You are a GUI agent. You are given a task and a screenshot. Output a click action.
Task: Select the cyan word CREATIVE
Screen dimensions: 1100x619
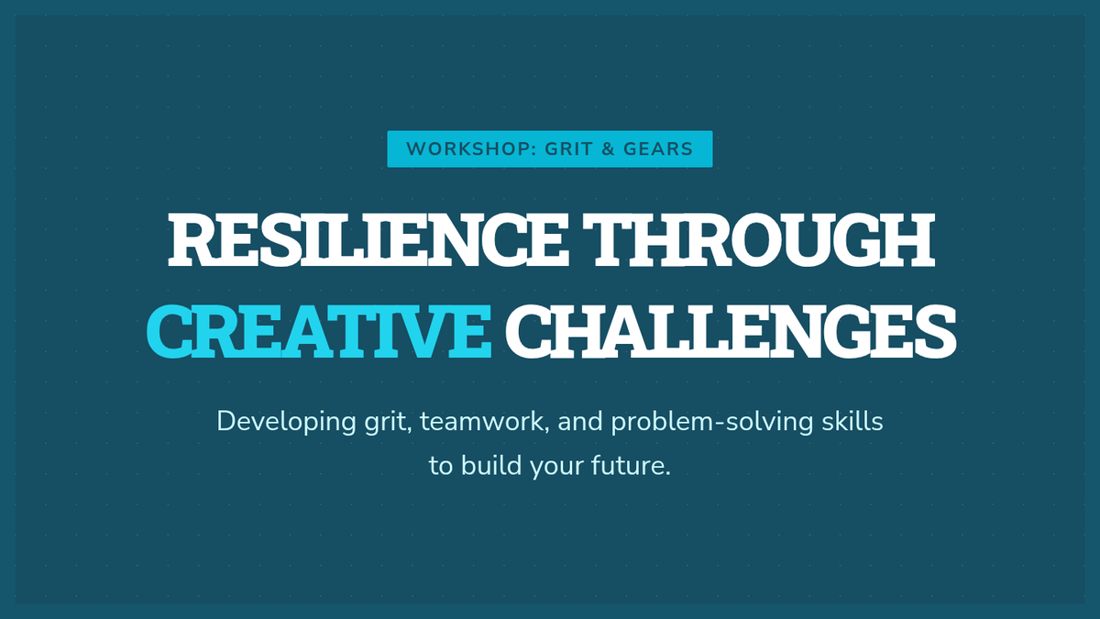coord(319,332)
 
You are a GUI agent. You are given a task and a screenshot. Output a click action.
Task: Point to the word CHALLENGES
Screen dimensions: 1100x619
coord(731,332)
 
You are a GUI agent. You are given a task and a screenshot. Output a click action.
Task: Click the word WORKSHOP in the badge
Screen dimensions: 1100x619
coord(468,149)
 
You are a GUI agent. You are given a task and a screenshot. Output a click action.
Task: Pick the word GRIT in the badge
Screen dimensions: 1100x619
coord(566,149)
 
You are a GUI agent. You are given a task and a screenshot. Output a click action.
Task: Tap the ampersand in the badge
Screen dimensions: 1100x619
coord(609,149)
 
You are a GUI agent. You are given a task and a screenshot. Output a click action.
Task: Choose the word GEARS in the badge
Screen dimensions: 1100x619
coord(658,149)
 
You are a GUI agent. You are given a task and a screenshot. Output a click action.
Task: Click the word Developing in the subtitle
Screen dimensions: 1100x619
coord(286,423)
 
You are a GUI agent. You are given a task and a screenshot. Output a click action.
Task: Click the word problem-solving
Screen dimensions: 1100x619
coord(712,423)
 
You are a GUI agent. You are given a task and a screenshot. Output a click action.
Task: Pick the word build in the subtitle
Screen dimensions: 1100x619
coord(491,465)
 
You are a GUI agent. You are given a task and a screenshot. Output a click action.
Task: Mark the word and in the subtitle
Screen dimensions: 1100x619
coord(580,422)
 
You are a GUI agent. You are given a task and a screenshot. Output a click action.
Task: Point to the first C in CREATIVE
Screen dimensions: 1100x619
coord(170,332)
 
